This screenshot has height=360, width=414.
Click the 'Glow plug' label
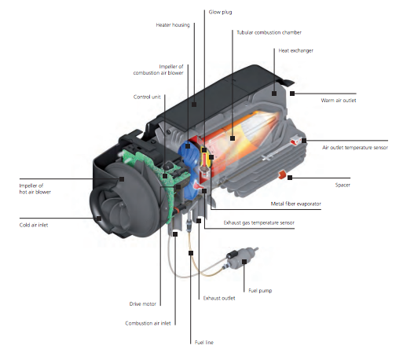coord(220,13)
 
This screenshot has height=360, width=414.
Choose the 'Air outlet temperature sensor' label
coord(355,147)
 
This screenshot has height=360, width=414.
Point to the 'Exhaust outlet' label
coord(218,298)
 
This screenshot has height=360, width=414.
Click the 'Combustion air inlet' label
coord(148,322)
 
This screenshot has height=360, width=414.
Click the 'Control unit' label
coord(148,97)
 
